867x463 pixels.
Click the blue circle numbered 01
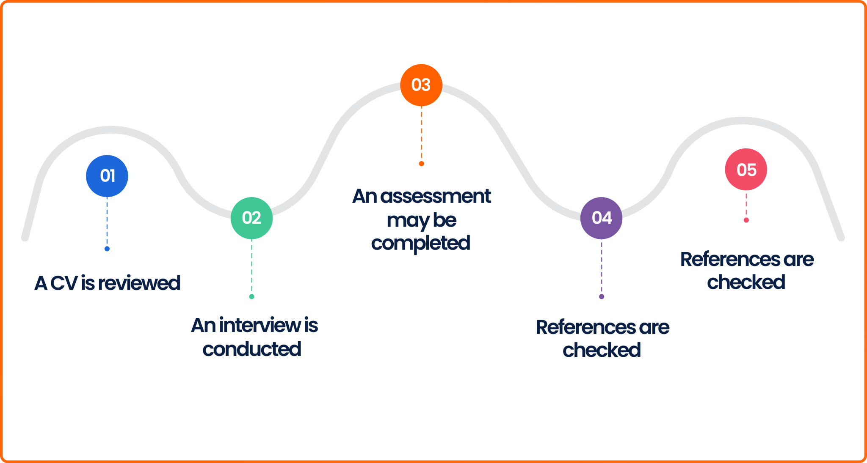(107, 176)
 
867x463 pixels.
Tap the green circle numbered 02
(251, 218)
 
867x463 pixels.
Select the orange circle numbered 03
(421, 85)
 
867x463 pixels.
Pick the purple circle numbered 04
(601, 218)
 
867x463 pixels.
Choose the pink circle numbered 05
(746, 170)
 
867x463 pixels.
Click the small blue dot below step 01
(107, 249)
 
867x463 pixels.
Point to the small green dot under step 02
(251, 296)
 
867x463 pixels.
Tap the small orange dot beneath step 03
(421, 164)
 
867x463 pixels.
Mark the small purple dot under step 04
(601, 296)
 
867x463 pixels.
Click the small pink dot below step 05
(746, 220)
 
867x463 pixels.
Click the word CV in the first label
(64, 283)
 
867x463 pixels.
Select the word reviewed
(139, 283)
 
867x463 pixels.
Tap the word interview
(260, 325)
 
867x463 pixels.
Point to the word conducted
(252, 349)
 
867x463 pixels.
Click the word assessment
(436, 197)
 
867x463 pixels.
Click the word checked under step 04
(602, 350)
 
